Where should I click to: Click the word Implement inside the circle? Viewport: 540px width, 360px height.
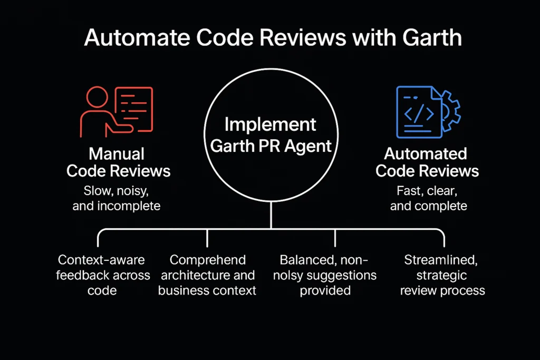click(x=270, y=125)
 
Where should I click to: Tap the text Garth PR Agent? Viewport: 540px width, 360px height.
click(x=270, y=146)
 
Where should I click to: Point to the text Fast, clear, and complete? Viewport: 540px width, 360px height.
click(x=428, y=198)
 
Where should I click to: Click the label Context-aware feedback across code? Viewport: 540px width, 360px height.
click(x=102, y=275)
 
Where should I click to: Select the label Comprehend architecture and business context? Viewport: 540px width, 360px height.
click(x=207, y=275)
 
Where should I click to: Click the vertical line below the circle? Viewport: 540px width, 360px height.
click(x=271, y=215)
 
